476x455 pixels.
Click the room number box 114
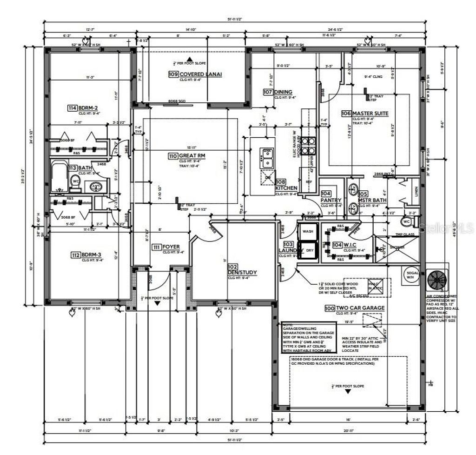click(x=72, y=108)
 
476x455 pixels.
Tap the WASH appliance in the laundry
click(x=308, y=231)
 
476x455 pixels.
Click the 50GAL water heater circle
click(x=410, y=274)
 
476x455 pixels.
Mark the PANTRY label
click(x=331, y=200)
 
